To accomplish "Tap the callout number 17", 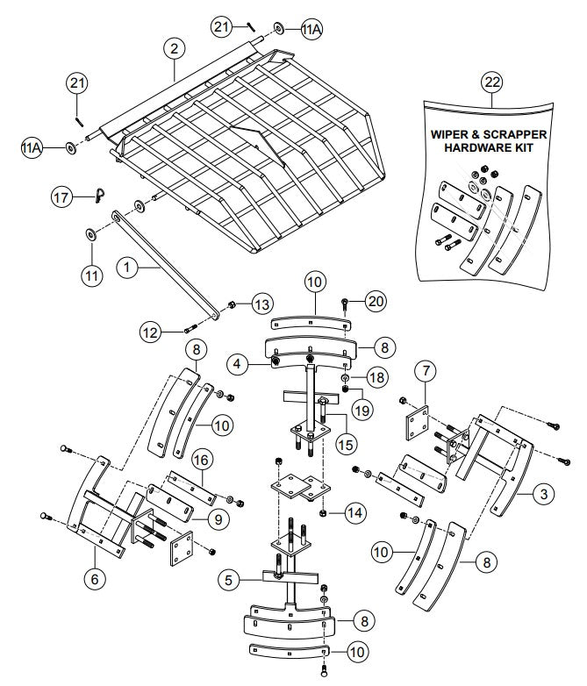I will coord(62,198).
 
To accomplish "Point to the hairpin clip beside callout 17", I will coord(99,197).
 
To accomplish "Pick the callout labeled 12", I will coord(150,331).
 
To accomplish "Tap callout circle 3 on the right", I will coord(545,495).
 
